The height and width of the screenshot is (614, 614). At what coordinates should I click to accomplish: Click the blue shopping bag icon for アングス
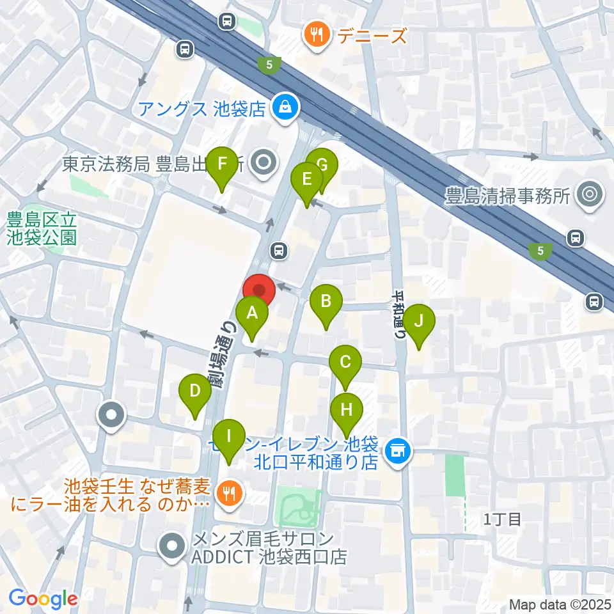coord(281,107)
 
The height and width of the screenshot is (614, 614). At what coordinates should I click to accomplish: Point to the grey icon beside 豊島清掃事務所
coord(588,195)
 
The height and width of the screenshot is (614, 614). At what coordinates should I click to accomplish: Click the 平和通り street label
coord(398,315)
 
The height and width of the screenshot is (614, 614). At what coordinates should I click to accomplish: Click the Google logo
coord(43,599)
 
